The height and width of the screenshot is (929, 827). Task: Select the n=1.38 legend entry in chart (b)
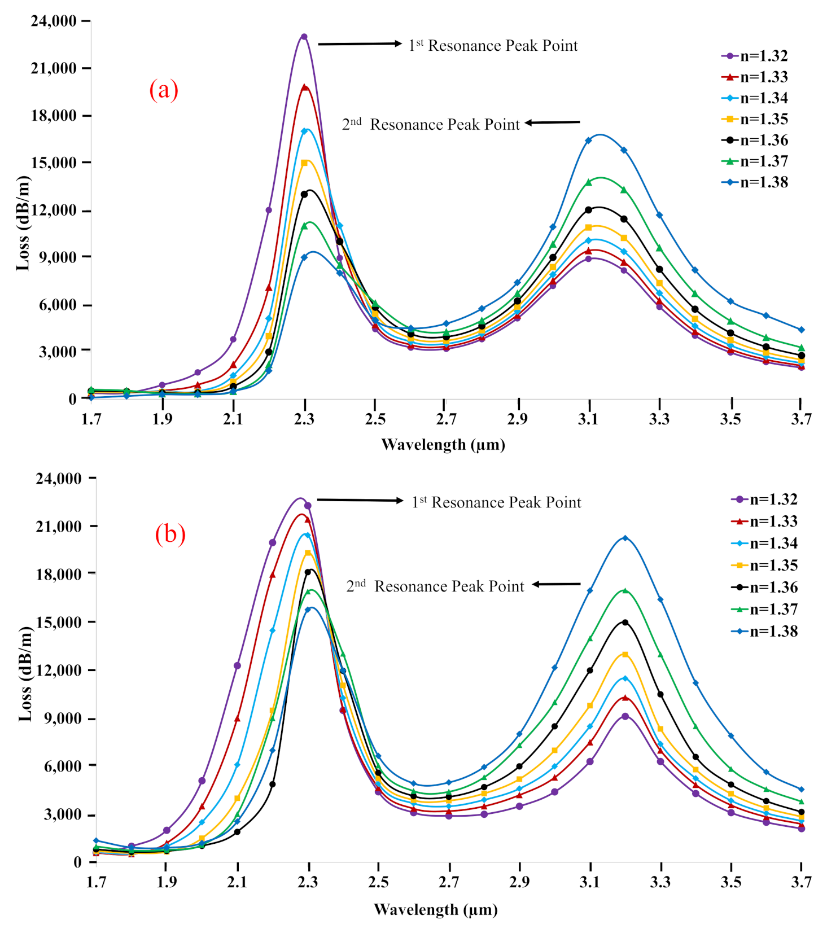(765, 632)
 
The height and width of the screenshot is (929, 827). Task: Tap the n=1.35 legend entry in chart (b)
(765, 566)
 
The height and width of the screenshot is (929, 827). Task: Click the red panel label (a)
(164, 90)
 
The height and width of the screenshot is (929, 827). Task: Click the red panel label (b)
(170, 534)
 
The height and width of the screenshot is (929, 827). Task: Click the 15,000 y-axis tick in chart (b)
(59, 622)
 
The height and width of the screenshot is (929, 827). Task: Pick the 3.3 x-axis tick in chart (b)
(660, 882)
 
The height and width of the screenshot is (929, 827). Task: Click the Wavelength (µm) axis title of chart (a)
(443, 445)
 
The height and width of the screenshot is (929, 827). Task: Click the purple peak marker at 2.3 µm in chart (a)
(304, 37)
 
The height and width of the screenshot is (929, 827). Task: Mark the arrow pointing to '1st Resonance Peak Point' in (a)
(360, 43)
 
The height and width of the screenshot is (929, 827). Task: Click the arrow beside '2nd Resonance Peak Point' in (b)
(556, 584)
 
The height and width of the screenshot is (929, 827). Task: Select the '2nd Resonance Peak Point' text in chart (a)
(431, 124)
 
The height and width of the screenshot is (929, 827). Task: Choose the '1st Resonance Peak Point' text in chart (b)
(496, 502)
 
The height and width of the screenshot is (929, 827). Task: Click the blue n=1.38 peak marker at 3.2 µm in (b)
(625, 538)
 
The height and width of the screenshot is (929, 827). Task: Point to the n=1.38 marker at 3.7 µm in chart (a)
(801, 330)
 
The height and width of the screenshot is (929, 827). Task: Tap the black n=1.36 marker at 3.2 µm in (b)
(625, 623)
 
